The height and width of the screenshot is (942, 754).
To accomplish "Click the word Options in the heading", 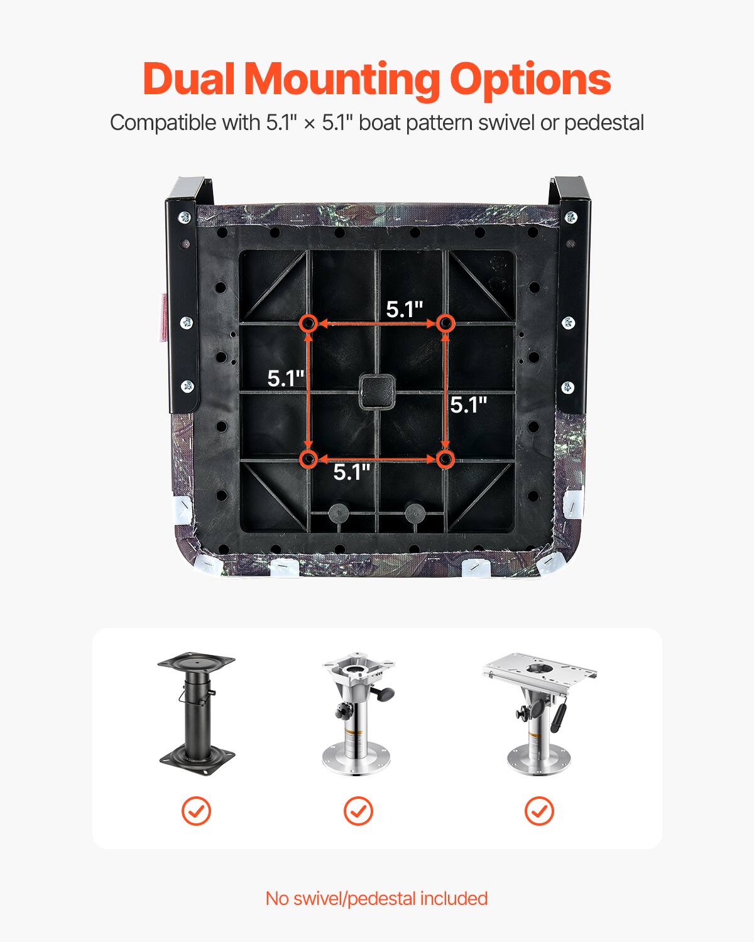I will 530,80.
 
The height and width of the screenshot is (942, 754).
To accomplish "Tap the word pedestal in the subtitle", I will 604,122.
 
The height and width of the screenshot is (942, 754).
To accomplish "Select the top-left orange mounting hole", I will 308,323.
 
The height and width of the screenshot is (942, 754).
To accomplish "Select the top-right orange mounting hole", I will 445,323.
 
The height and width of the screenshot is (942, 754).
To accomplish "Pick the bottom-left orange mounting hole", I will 308,460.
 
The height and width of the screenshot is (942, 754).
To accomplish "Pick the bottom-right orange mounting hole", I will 445,460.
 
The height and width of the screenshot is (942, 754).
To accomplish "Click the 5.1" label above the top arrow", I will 405,309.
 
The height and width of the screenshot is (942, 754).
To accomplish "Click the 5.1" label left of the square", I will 286,379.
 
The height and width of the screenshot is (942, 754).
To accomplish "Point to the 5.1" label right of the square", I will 469,405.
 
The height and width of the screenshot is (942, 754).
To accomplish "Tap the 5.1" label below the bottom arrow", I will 352,472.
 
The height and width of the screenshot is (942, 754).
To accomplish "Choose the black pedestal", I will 197,710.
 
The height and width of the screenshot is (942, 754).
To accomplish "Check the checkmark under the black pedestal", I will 197,811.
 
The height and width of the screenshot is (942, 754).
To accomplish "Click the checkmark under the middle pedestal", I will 358,811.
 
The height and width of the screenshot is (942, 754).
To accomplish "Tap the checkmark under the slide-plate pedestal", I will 539,811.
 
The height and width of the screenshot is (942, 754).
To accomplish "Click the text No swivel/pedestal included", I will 376,898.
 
